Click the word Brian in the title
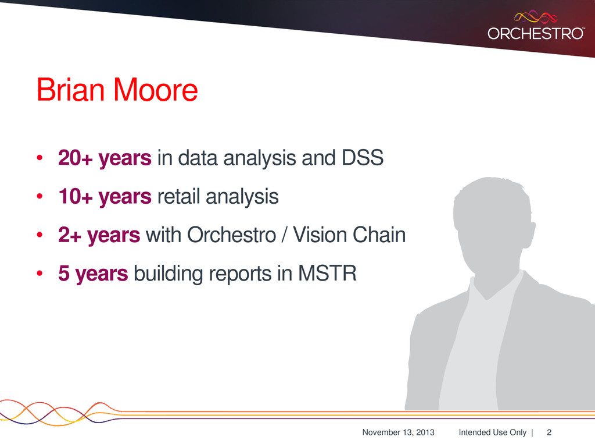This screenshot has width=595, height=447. pyautogui.click(x=70, y=90)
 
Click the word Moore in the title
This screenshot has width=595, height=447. pyautogui.click(x=156, y=90)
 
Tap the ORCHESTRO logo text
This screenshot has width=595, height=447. pyautogui.click(x=536, y=33)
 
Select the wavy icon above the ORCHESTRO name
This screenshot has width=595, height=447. pyautogui.click(x=535, y=17)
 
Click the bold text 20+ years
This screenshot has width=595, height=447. pyautogui.click(x=105, y=158)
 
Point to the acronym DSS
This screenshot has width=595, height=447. pyautogui.click(x=363, y=157)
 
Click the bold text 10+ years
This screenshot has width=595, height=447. pyautogui.click(x=105, y=197)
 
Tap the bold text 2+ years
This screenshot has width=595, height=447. pyautogui.click(x=99, y=235)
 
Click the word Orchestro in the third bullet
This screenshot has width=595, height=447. pyautogui.click(x=231, y=235)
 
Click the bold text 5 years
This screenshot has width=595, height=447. pyautogui.click(x=93, y=274)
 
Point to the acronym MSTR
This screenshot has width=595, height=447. pyautogui.click(x=327, y=273)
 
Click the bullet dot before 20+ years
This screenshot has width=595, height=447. pyautogui.click(x=40, y=158)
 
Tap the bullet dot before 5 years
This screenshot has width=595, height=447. pyautogui.click(x=40, y=274)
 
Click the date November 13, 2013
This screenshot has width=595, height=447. pyautogui.click(x=398, y=432)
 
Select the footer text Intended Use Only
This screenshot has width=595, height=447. pyautogui.click(x=492, y=432)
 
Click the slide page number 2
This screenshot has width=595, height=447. pyautogui.click(x=549, y=432)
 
